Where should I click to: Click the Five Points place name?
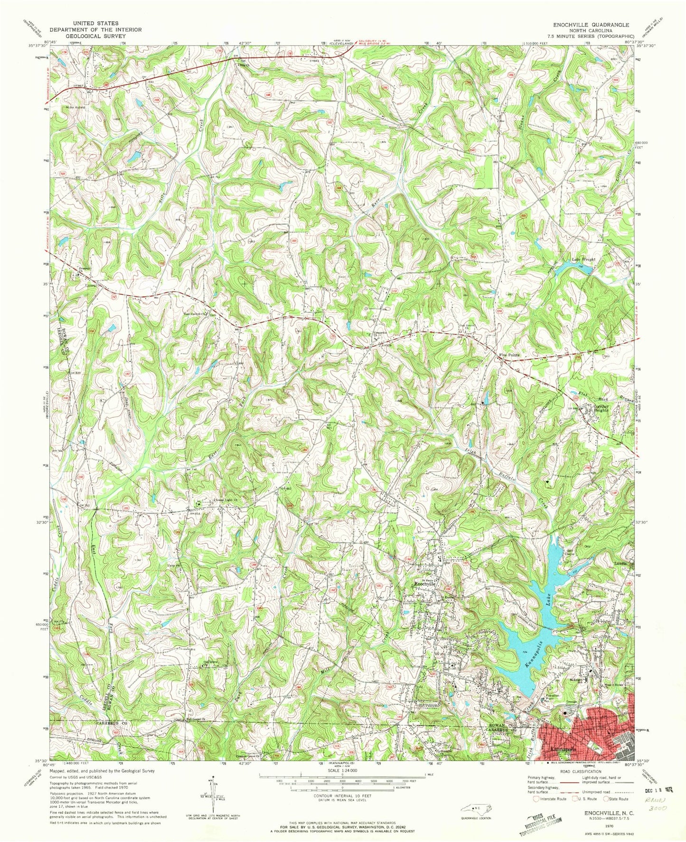(508, 355)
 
